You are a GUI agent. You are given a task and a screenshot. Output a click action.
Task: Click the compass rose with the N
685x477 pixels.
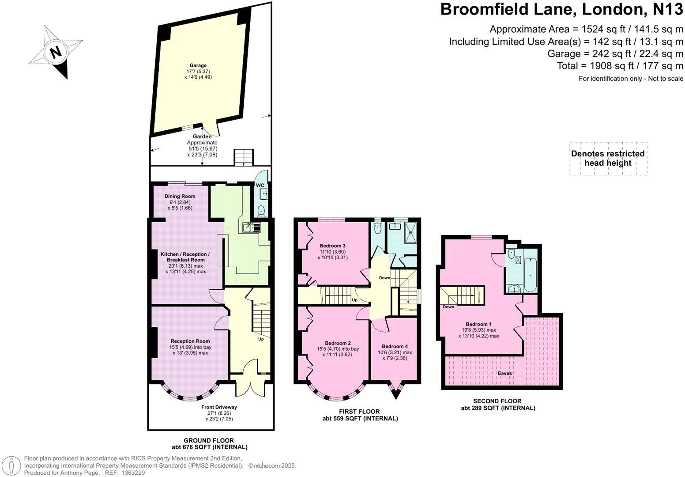pos(56,52)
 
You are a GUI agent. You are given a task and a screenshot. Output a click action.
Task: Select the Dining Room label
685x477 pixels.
pos(180,196)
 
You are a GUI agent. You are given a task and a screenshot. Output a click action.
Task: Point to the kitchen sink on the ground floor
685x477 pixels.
pos(251,227)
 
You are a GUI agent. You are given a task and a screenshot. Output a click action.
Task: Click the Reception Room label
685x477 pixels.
pos(190,341)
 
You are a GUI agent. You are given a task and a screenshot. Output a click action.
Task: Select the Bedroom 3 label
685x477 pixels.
pos(332,246)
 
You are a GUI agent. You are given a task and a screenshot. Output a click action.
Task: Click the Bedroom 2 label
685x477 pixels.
pos(338,343)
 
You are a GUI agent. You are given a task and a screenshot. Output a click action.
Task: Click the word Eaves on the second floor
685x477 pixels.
pos(504,373)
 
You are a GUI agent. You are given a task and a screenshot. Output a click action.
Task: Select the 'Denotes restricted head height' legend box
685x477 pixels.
pos(608,159)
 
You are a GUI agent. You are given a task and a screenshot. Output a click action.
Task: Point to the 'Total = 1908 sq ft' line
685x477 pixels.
pos(620,66)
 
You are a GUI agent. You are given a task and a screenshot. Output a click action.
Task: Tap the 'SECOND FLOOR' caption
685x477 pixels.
pos(498,401)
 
